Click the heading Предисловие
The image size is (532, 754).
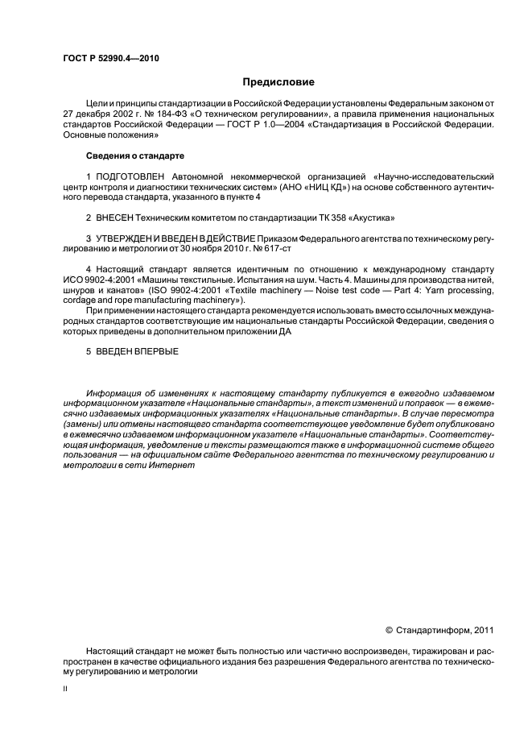278,82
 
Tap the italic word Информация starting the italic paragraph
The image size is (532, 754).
116,393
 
